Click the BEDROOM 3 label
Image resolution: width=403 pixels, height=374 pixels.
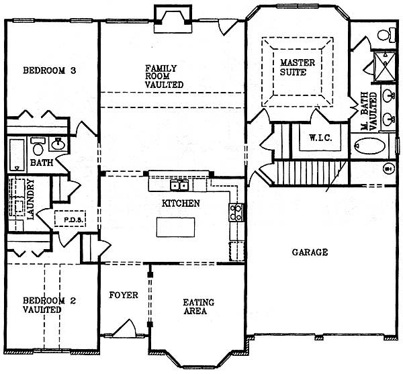click(x=49, y=71)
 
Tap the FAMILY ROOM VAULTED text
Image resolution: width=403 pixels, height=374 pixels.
click(x=164, y=77)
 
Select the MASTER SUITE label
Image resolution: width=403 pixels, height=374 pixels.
click(x=298, y=67)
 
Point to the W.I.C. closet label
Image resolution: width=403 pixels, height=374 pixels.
click(x=320, y=138)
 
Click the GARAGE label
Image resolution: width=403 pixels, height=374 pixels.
click(x=310, y=252)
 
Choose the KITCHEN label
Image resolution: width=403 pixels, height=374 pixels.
click(x=181, y=203)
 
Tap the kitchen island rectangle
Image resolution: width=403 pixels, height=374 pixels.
click(x=175, y=228)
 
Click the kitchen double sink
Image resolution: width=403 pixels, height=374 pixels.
click(x=179, y=185)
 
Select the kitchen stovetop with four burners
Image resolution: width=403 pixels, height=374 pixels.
click(x=236, y=212)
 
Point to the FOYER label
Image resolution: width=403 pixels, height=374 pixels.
click(x=124, y=295)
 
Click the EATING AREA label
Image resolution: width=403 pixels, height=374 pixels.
click(x=198, y=307)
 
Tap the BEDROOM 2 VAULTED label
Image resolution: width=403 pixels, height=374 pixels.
click(x=49, y=305)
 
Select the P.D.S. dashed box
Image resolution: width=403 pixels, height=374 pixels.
click(x=70, y=219)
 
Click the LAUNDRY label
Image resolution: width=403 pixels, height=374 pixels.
click(x=31, y=199)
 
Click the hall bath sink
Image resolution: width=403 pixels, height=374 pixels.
click(x=58, y=144)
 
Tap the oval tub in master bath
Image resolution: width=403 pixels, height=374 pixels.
click(x=370, y=146)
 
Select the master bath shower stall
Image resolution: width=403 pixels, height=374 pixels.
click(x=384, y=67)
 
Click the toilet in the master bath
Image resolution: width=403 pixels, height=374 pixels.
click(x=386, y=35)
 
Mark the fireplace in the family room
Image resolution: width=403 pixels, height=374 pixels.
click(x=173, y=19)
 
